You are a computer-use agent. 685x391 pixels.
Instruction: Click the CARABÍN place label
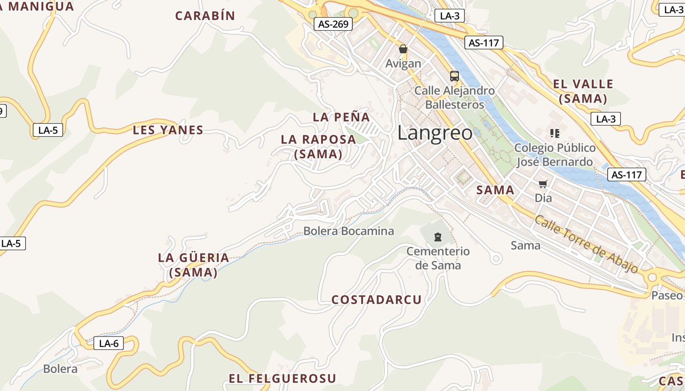coord(205,16)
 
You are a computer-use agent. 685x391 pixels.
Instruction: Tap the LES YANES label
coord(168,130)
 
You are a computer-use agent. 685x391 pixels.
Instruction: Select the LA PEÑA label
coord(341,117)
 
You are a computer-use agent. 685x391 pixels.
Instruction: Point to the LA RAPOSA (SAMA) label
coord(318,147)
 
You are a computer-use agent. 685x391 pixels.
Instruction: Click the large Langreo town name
coord(435,133)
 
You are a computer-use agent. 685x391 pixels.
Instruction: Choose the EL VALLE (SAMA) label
coord(583,91)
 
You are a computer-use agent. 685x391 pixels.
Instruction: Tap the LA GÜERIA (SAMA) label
coord(193,265)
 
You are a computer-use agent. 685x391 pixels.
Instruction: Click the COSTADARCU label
coord(376,300)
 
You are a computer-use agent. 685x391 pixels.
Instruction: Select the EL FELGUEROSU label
coord(282,378)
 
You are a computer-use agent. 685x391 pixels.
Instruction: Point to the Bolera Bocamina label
coord(348,231)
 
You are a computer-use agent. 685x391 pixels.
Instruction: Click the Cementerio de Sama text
coord(438,258)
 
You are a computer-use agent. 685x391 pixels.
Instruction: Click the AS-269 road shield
coord(333,23)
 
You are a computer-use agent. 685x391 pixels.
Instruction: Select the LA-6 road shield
coord(109,343)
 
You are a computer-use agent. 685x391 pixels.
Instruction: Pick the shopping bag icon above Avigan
coord(403,49)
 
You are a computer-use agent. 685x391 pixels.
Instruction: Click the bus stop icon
coord(454,76)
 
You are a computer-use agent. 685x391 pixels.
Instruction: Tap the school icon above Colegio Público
coord(554,133)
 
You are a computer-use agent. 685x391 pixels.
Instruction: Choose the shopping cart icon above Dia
coord(543,184)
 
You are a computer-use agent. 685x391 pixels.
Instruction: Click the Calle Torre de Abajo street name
coord(586,244)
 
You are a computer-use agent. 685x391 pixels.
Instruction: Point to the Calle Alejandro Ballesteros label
coord(455,98)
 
